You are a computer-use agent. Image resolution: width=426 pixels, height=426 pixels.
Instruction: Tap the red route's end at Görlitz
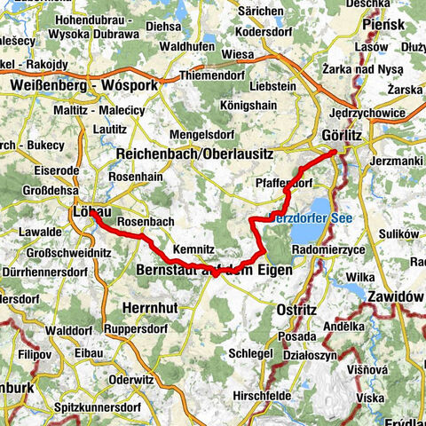point(334,153)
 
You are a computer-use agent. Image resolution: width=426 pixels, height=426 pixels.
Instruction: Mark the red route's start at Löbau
point(91,211)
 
